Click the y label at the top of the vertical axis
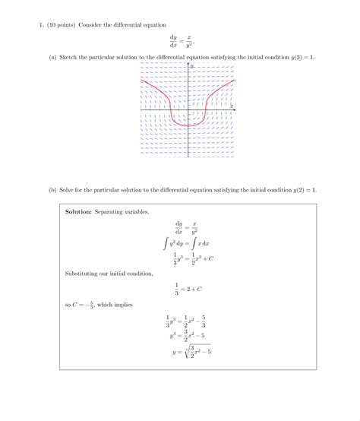coord(192,67)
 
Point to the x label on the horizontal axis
coord(231,106)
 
